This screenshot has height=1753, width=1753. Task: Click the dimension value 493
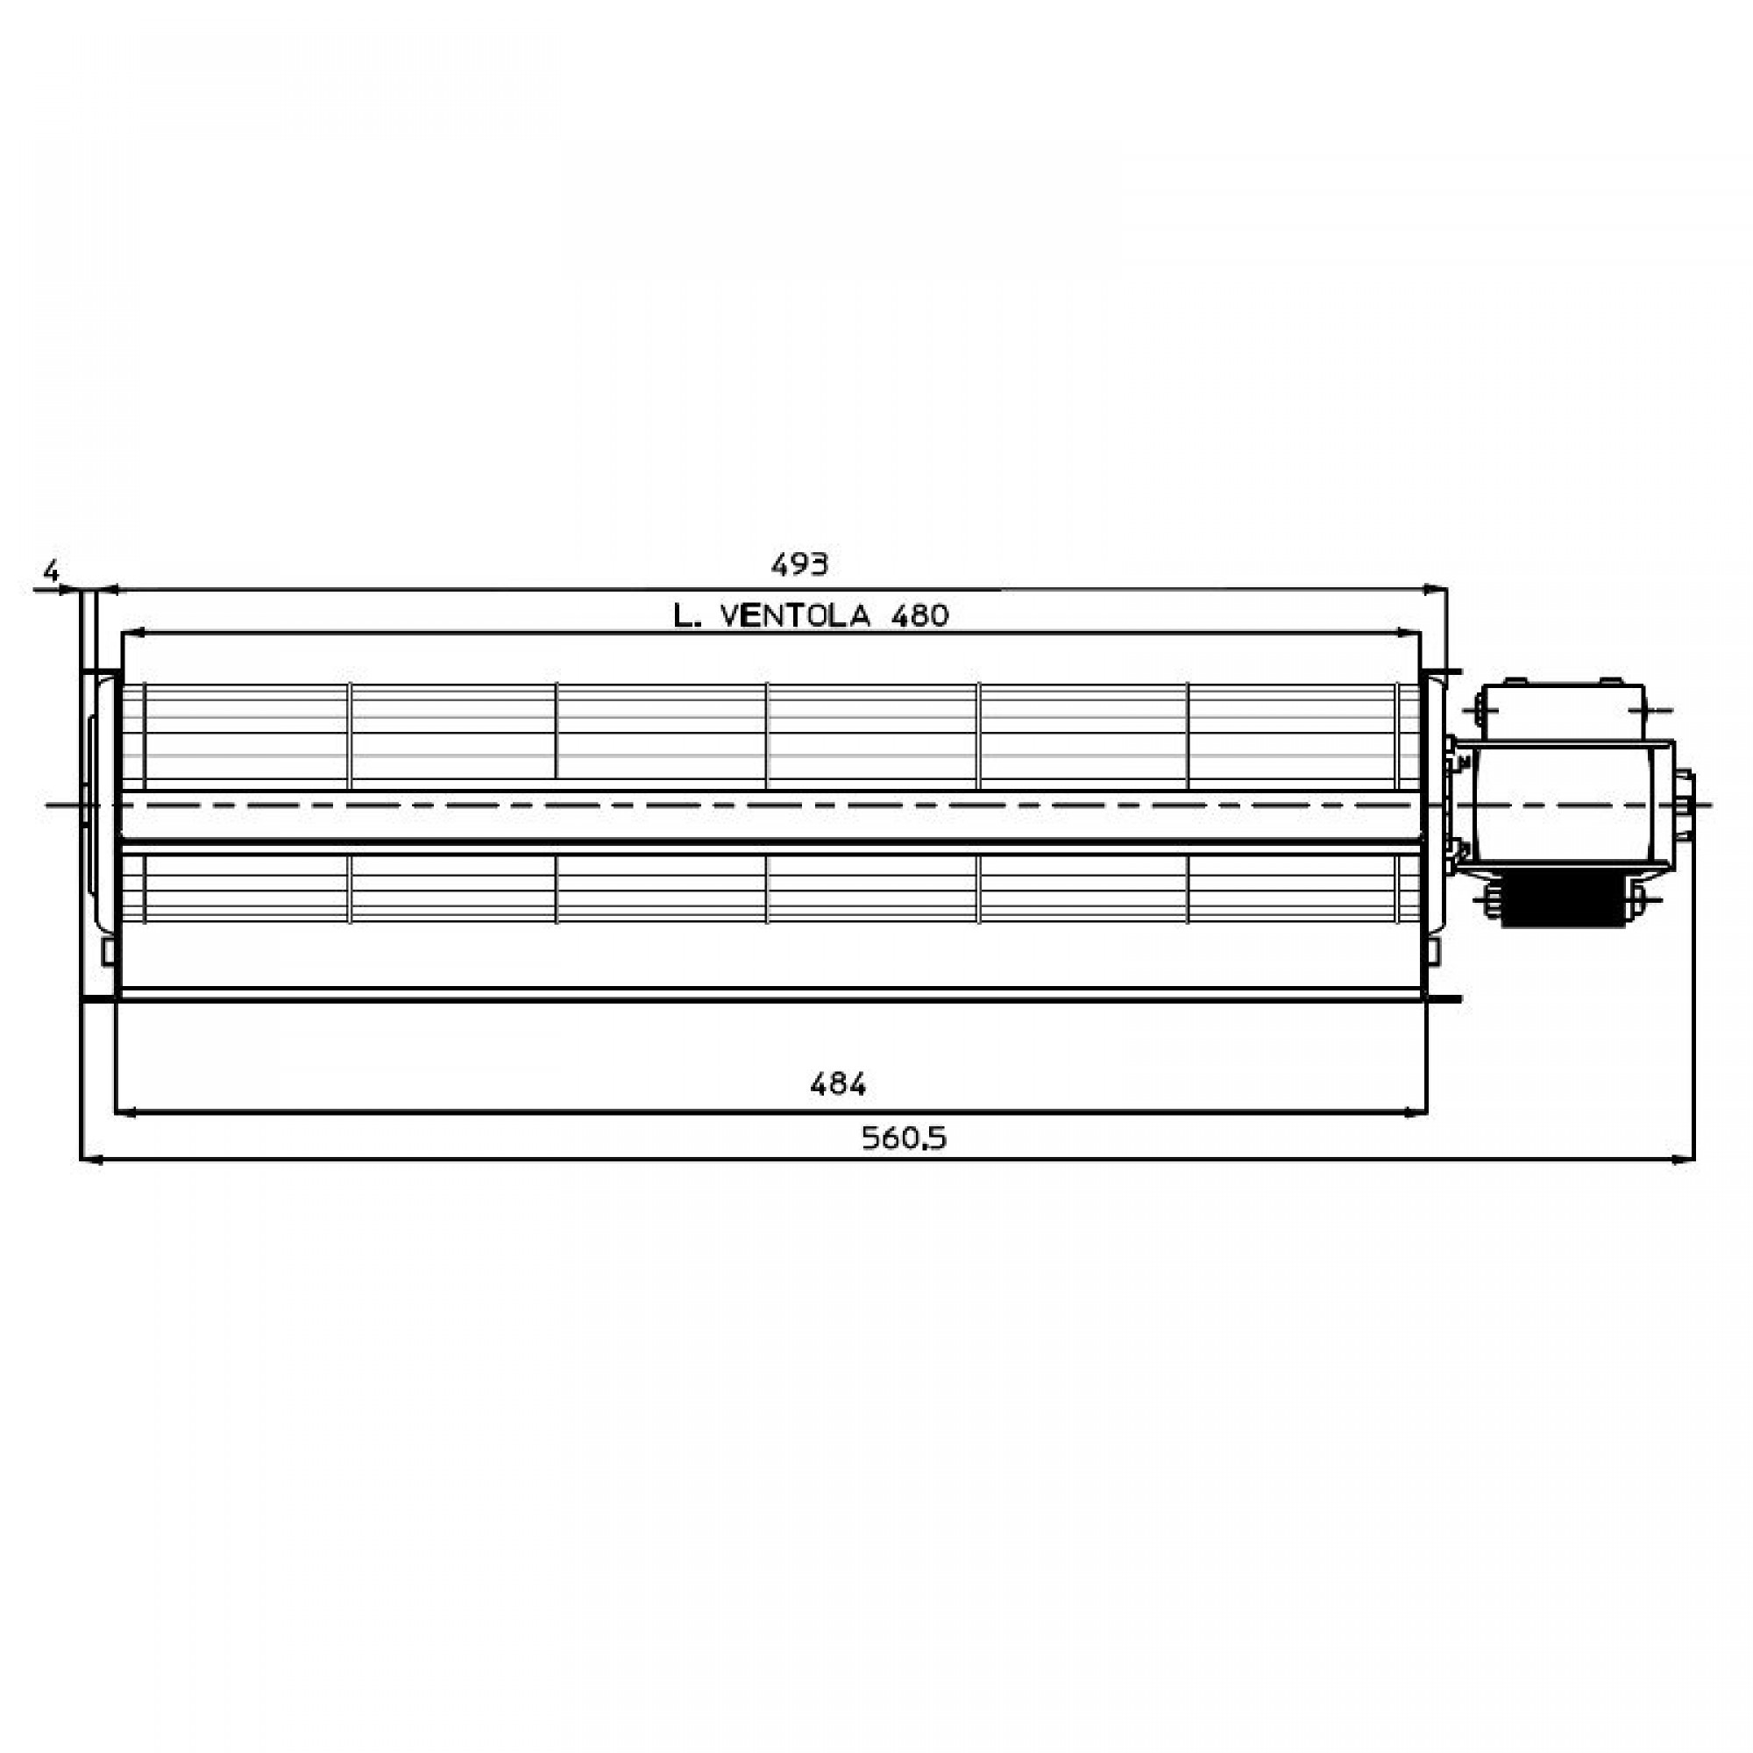tap(799, 565)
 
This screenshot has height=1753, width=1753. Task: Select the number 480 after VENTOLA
tap(920, 617)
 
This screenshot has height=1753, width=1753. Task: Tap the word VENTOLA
tap(795, 617)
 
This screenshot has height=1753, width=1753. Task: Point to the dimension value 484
tap(837, 1084)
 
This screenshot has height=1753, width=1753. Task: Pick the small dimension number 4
tap(52, 571)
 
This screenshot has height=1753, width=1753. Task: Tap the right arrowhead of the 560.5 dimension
tap(1684, 1159)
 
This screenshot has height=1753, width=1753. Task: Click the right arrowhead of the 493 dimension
tap(1436, 590)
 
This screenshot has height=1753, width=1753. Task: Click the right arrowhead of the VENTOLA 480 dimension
tap(1410, 633)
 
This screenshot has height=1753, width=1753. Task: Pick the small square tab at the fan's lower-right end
tap(1433, 951)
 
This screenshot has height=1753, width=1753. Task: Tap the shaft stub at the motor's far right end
tap(1685, 804)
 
